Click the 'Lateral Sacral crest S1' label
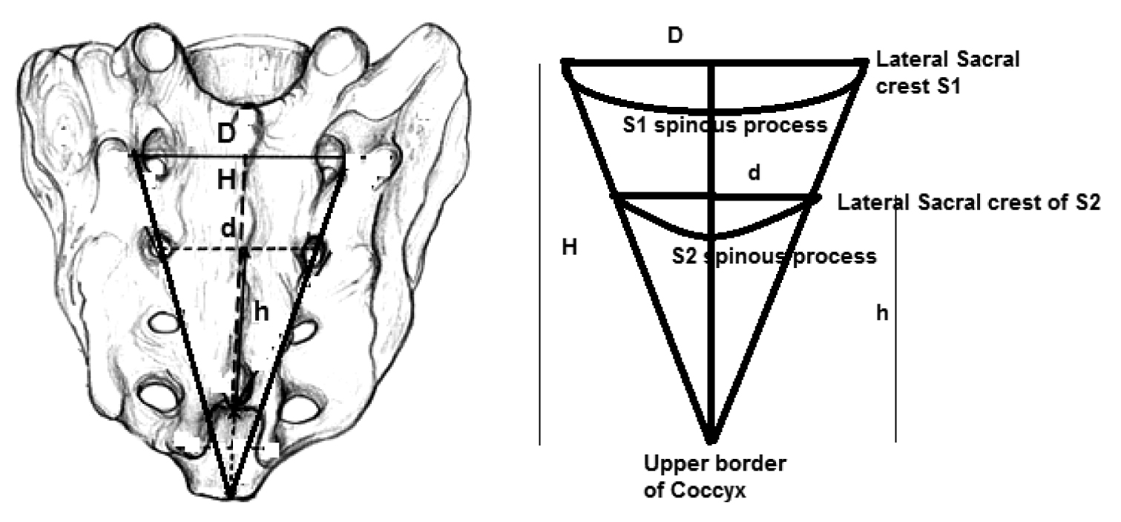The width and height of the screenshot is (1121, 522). coord(948,73)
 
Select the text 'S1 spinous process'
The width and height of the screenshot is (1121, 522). coord(724,125)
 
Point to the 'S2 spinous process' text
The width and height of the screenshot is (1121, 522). coord(774,257)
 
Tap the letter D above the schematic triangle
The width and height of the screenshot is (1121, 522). coord(674,35)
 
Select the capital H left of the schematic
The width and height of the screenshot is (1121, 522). coord(569,247)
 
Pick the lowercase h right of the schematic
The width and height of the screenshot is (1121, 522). coord(881,313)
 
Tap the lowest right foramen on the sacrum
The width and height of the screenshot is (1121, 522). coord(303,408)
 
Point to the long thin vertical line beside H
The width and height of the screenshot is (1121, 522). coord(539,252)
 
